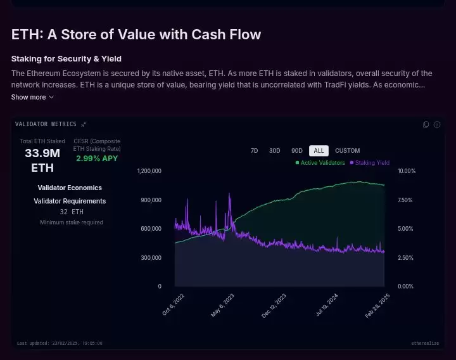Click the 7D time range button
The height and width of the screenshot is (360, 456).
coord(254,151)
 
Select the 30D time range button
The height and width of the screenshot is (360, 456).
coord(274,151)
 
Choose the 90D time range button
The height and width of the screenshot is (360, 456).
coord(296,151)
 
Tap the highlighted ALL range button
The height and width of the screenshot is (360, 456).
coord(319,151)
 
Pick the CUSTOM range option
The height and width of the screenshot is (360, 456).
coord(347,151)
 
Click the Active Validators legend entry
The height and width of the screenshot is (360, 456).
coord(320,163)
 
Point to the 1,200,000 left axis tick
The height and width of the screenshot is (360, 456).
coord(149,171)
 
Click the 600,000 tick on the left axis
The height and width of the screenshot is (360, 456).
coord(151,229)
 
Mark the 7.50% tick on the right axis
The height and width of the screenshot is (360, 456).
coord(406,200)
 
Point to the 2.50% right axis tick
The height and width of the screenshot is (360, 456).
coord(406,258)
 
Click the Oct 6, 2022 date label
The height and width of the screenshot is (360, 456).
coord(173,305)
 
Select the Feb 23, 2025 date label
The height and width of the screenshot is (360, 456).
coord(378,305)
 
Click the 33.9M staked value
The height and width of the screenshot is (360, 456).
coord(42,153)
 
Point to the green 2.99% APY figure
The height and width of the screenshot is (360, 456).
coord(97,158)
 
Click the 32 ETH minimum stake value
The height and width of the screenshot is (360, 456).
coord(72,212)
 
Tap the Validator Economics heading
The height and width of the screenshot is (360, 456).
coord(70,188)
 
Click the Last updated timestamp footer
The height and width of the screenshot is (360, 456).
coord(60,344)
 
